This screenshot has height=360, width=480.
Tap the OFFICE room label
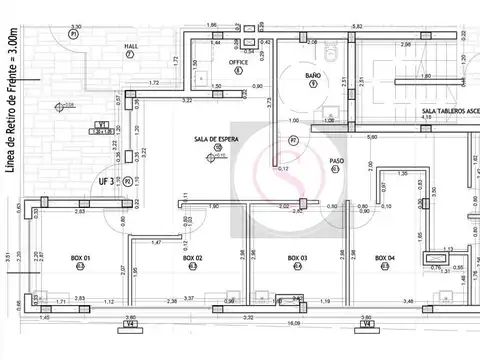coord(238,62)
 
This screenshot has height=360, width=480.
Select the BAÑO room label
coord(312,74)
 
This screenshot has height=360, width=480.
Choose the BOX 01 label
coord(80,258)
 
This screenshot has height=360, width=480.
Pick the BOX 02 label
coord(193,258)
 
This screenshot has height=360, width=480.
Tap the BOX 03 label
coord(297,258)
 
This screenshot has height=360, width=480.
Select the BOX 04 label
coord(384,258)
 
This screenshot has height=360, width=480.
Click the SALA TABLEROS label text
coord(448,111)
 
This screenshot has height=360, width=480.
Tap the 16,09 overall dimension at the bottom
coord(293,324)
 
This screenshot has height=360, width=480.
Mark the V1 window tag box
coord(101,125)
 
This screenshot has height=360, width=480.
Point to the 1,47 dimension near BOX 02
coord(156,243)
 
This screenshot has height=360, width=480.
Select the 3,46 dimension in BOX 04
coord(408,300)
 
